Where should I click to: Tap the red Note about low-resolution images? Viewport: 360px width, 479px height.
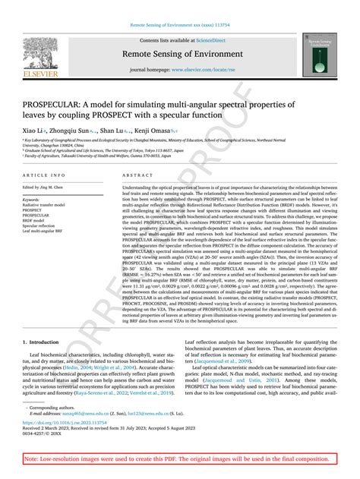(179, 460)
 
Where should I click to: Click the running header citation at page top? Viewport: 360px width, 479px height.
(179, 23)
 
